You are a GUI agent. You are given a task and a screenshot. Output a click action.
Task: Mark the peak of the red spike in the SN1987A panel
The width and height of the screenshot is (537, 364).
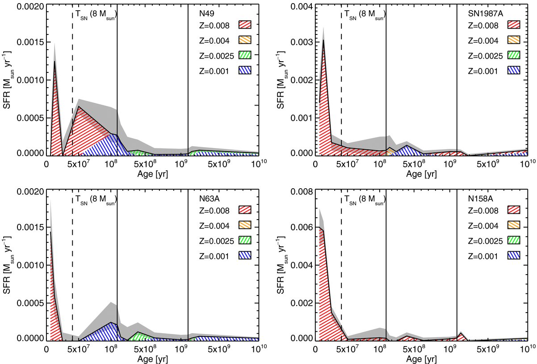(x=323, y=40)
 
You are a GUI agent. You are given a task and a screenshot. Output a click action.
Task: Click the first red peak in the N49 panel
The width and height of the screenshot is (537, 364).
(x=55, y=61)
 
